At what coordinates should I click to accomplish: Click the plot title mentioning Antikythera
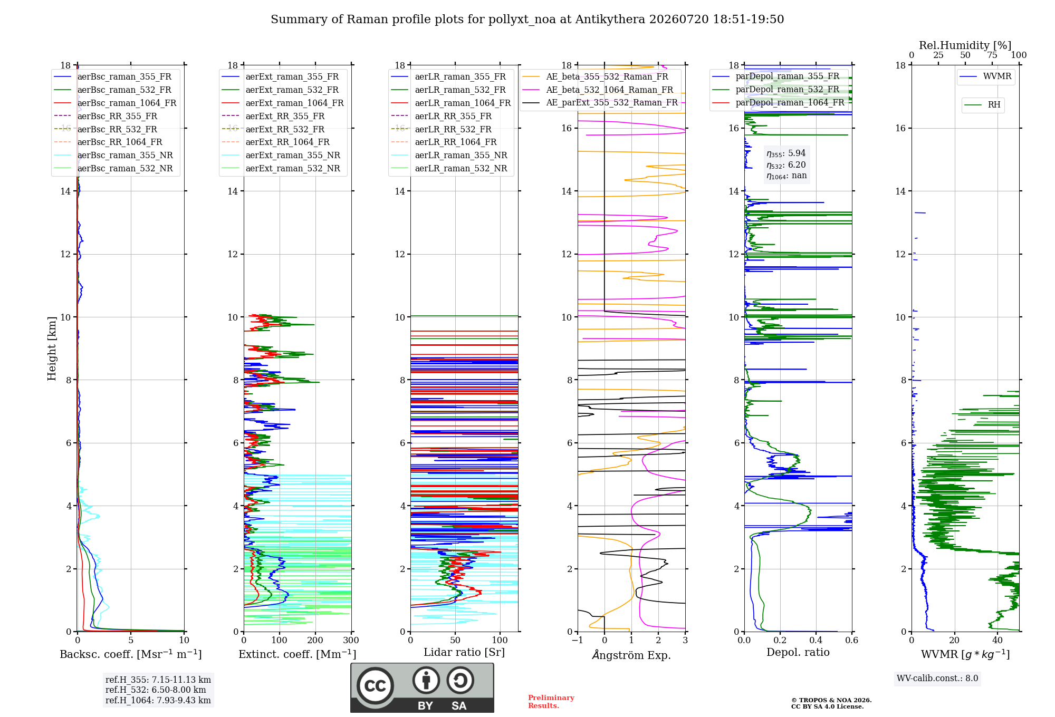tap(527, 20)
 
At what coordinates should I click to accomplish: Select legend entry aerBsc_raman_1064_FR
tap(116, 103)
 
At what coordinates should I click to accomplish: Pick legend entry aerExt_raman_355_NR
tap(281, 155)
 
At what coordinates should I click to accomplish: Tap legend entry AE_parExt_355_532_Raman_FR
tap(600, 102)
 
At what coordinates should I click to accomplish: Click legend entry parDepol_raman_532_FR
tap(775, 90)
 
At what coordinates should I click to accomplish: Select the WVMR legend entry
tap(985, 76)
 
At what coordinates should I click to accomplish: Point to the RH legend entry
tap(982, 105)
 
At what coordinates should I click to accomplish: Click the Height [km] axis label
tap(52, 348)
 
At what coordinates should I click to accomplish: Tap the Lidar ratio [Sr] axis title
tap(464, 652)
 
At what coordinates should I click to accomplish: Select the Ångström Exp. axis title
tap(631, 655)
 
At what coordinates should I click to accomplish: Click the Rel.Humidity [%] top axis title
tap(965, 45)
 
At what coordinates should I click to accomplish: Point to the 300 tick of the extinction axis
tap(351, 640)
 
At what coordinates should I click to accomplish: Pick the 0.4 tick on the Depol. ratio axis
tap(816, 640)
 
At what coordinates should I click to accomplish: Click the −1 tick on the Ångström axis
tap(577, 640)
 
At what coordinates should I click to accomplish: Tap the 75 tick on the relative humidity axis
tap(992, 55)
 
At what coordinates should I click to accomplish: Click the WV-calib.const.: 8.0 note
tap(937, 678)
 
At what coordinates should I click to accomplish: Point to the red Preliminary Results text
tap(551, 702)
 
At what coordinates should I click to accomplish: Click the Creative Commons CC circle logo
tap(376, 685)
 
